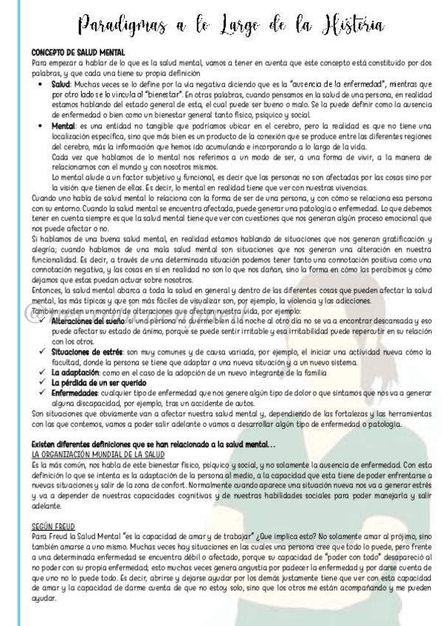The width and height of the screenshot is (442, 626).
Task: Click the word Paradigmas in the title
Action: [117, 27]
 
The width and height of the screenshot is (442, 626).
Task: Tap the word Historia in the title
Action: [345, 27]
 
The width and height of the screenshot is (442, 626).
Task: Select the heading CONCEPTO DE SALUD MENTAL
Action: [78, 52]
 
